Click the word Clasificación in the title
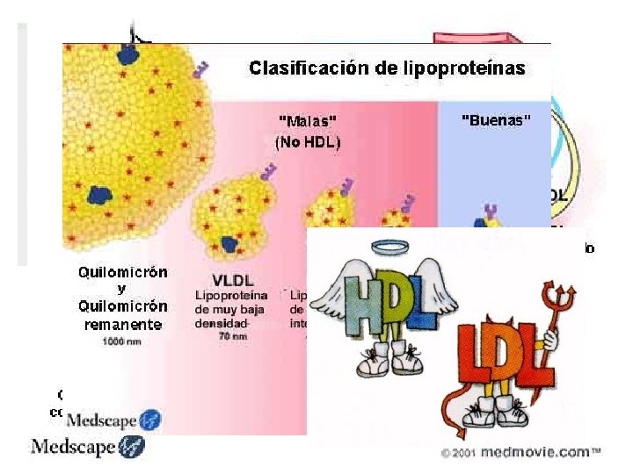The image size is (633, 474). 301,68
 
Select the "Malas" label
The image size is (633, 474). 307,121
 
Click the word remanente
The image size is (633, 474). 122,324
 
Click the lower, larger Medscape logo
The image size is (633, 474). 88,448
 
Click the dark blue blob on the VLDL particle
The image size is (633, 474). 230,243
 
